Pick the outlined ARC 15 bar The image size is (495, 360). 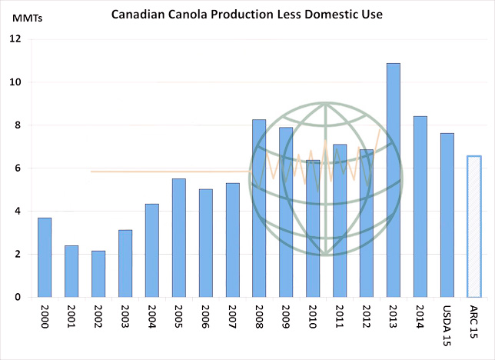click(473, 226)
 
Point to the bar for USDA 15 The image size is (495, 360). click(447, 215)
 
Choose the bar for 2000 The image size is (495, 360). click(45, 257)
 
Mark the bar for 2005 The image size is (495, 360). click(178, 238)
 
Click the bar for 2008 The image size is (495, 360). click(259, 208)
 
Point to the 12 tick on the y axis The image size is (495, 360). click(15, 39)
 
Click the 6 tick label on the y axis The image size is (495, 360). click(18, 168)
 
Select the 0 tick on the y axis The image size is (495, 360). click(18, 297)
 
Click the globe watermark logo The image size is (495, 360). click(326, 178)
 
